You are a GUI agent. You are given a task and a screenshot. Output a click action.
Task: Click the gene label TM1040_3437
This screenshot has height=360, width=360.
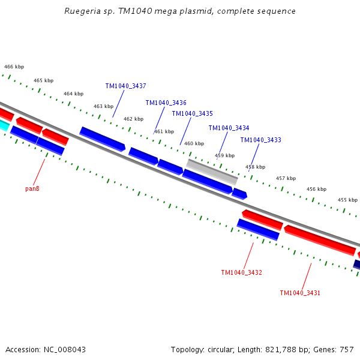pyautogui.click(x=125, y=86)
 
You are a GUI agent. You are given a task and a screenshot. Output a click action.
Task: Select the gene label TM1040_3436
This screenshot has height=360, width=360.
pyautogui.click(x=166, y=103)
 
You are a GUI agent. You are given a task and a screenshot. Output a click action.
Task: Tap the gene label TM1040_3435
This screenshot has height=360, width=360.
pyautogui.click(x=192, y=113)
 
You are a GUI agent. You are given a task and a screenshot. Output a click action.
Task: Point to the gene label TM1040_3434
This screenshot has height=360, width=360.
pyautogui.click(x=229, y=128)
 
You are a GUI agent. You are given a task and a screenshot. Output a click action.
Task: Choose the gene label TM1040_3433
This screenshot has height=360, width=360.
pyautogui.click(x=260, y=140)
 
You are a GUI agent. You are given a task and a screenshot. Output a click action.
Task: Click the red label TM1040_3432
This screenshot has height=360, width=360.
pyautogui.click(x=241, y=272)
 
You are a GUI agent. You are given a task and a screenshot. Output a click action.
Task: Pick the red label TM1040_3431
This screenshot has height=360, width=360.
pyautogui.click(x=300, y=293)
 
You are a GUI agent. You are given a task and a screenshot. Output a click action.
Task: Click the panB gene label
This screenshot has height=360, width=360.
pyautogui.click(x=32, y=188)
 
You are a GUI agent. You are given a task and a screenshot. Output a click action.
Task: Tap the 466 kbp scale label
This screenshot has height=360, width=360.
pyautogui.click(x=14, y=67)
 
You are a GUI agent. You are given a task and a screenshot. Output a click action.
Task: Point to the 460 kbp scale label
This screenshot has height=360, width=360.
pyautogui.click(x=194, y=143)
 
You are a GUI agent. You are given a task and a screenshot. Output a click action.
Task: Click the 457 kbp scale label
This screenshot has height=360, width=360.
pyautogui.click(x=286, y=178)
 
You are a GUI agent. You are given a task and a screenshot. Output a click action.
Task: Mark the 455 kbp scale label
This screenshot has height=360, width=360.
pyautogui.click(x=347, y=200)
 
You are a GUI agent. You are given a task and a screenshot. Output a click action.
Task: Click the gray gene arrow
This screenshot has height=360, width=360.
pyautogui.click(x=212, y=172)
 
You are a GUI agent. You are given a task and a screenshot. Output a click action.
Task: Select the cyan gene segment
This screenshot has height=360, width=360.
pyautogui.click(x=4, y=124)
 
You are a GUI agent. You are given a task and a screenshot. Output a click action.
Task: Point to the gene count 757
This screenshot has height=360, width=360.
pyautogui.click(x=347, y=349)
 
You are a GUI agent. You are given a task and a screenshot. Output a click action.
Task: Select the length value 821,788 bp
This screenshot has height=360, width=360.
pyautogui.click(x=281, y=349)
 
